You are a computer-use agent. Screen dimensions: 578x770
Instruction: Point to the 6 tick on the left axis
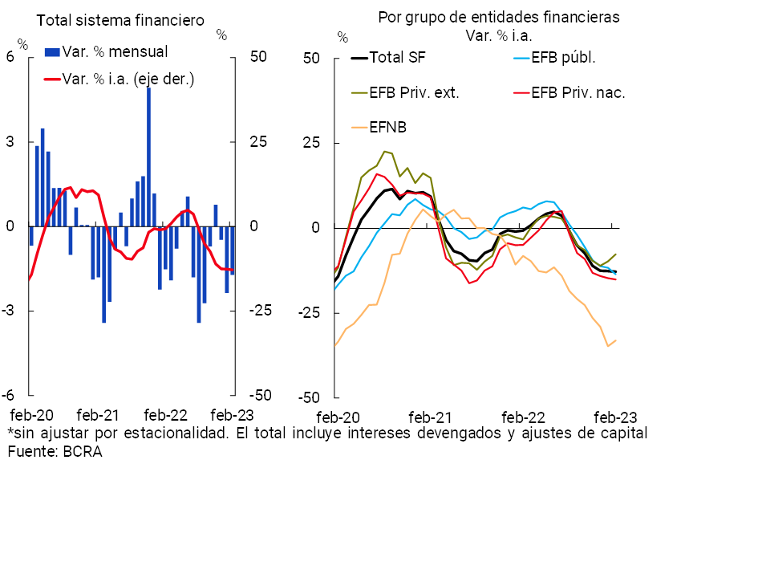tap(10, 58)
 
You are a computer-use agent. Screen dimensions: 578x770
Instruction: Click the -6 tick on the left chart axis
tap(10, 396)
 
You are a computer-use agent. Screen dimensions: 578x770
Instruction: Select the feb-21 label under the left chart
tap(98, 415)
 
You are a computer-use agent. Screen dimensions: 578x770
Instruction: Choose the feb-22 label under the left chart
tap(165, 415)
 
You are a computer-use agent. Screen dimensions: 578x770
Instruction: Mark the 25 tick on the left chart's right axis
tap(258, 142)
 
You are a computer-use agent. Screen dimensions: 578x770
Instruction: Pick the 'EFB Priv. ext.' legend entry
tap(414, 92)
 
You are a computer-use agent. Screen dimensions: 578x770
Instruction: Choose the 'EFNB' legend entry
tap(388, 127)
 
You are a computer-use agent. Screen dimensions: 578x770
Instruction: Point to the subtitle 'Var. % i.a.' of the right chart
tap(499, 35)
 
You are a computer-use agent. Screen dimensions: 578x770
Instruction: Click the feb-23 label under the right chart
tap(614, 418)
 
